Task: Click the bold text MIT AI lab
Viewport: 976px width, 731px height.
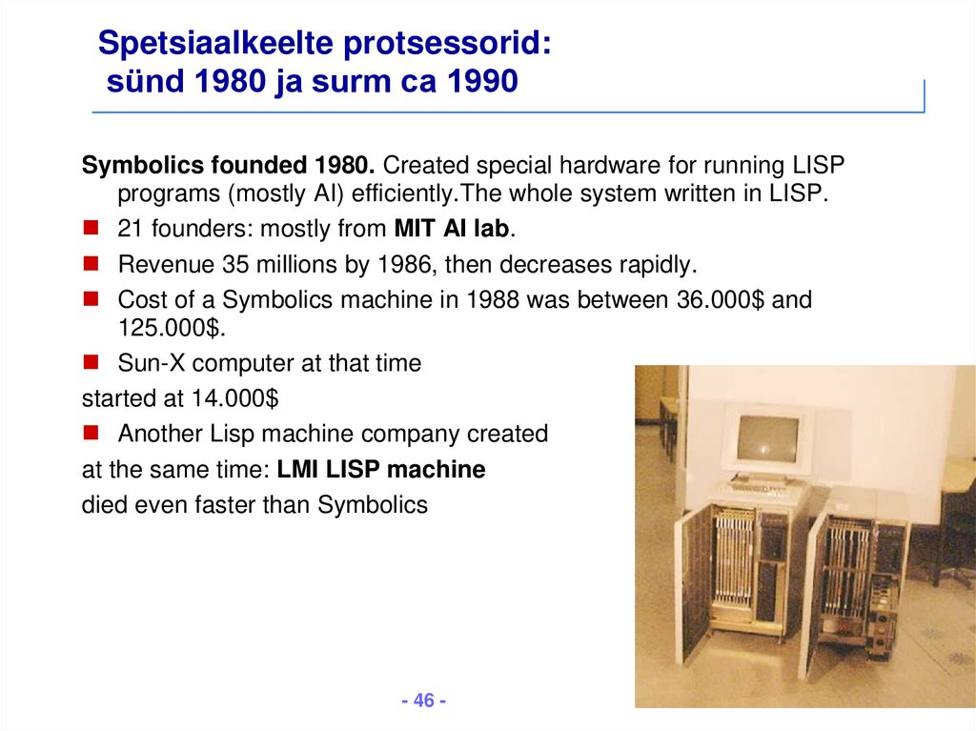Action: point(451,229)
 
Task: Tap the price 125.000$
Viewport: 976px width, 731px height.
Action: point(170,327)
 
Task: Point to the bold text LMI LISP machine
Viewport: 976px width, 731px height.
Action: point(381,469)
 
